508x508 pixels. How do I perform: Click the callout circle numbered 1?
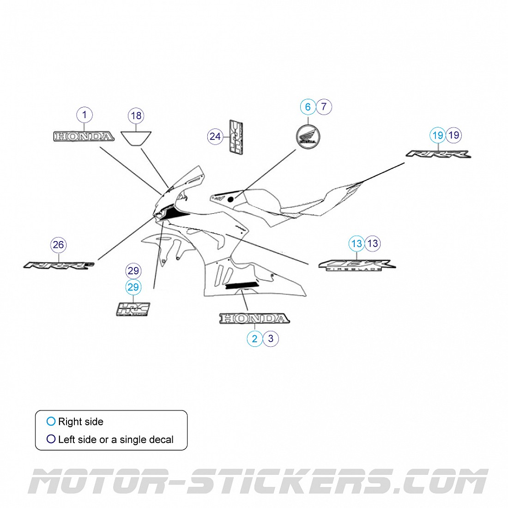click(x=85, y=115)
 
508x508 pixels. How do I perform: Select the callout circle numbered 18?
click(x=136, y=115)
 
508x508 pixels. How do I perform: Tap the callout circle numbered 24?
click(x=215, y=136)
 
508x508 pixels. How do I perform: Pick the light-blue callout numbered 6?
click(x=308, y=107)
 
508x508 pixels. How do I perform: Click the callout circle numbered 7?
click(x=324, y=107)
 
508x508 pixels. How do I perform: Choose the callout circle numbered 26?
click(x=59, y=245)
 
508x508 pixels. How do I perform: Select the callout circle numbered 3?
click(x=271, y=339)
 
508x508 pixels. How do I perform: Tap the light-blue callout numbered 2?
click(x=254, y=339)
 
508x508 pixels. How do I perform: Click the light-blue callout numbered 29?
click(x=133, y=287)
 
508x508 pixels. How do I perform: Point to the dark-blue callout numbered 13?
click(x=372, y=243)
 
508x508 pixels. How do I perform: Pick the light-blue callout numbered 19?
click(x=438, y=135)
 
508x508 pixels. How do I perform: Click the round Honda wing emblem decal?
click(x=308, y=137)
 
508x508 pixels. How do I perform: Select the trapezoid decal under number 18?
click(x=136, y=137)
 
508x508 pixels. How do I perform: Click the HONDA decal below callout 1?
click(x=84, y=136)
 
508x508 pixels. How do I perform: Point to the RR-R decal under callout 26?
click(x=59, y=266)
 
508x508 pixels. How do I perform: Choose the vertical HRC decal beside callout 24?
click(x=236, y=138)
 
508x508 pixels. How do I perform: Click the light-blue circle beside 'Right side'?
click(x=51, y=421)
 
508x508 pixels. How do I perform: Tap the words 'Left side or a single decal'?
click(x=115, y=440)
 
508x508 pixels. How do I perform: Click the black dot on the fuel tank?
click(x=230, y=199)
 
